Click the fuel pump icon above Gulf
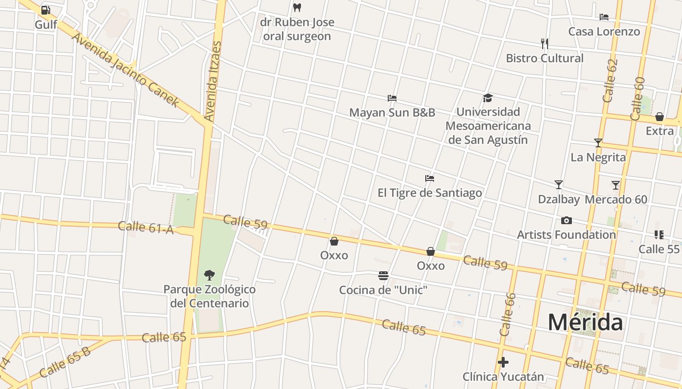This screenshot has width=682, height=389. pos(45,10)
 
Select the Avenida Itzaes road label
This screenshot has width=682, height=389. pos(213,81)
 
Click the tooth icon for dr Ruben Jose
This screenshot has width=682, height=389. pos(297,8)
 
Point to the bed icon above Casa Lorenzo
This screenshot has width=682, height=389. pos(604,17)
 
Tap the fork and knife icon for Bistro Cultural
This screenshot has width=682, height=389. pos(545,44)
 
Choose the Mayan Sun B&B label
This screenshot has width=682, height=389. pos(392,113)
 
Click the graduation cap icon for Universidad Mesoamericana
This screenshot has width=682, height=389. pos(488,98)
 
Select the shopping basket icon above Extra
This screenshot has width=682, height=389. pos(659,117)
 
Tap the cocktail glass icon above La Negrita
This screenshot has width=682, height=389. pos(598,143)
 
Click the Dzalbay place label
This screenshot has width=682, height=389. pos(558,199)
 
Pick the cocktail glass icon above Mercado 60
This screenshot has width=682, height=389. pos(616,185)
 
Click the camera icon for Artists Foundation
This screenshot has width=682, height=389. pos(566,221)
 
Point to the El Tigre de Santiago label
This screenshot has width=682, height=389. pos(430,193)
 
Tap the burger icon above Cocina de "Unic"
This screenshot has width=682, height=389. pos(383,276)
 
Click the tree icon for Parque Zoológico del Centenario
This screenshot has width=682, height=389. pos(209,275)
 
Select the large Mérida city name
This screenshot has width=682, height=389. pos(585,322)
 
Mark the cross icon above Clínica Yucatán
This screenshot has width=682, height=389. pos(503,362)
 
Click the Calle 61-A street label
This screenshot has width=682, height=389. pos(146,227)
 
